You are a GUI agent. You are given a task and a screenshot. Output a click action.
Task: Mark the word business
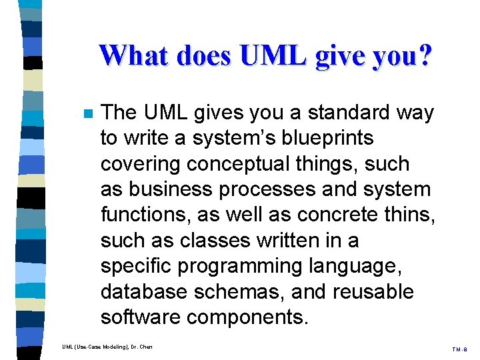pyautogui.click(x=165, y=189)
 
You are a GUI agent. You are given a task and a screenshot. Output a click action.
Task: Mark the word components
pyautogui.click(x=247, y=317)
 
